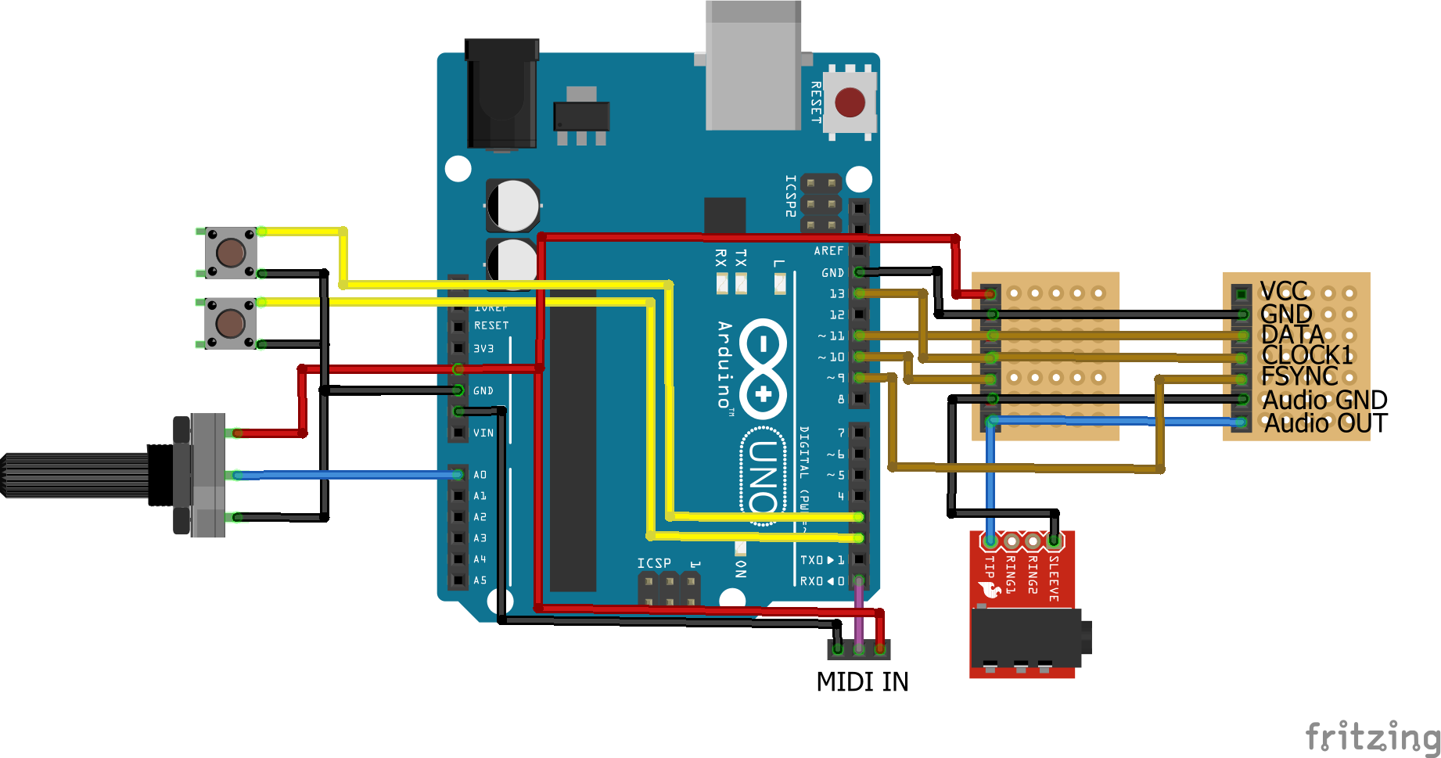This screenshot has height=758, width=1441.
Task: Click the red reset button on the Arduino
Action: pos(850,102)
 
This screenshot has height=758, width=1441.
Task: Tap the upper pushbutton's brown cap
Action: pos(231,252)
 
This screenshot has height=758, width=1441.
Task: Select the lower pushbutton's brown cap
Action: pos(231,322)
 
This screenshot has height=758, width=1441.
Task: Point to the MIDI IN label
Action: pos(862,682)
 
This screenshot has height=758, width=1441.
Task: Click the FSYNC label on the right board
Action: pos(1299,376)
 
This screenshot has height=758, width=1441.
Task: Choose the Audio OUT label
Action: pos(1325,423)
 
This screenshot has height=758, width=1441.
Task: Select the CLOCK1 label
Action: pos(1307,355)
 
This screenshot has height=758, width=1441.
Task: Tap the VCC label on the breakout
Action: pos(1284,292)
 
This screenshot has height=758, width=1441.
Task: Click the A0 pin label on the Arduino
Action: pos(480,475)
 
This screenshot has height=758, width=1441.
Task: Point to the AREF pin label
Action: pos(828,251)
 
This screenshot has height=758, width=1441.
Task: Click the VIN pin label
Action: pos(483,433)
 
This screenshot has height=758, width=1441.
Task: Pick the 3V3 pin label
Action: pos(483,348)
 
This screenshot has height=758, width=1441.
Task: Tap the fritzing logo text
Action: pos(1373,736)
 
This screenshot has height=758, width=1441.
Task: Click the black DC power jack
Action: pos(501,94)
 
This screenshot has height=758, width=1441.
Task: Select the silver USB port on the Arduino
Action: pos(753,66)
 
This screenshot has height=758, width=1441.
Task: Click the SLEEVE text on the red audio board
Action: pos(1054,578)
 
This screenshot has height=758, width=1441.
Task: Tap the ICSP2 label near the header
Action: pos(790,196)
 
